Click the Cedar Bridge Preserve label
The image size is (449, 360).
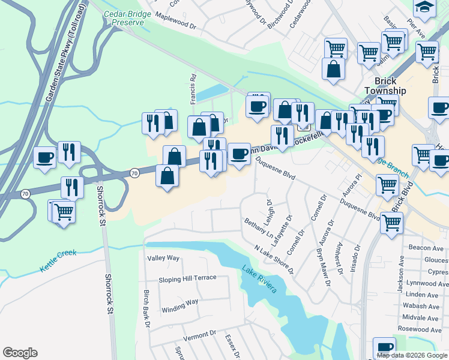124,17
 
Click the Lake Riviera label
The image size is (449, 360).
260,279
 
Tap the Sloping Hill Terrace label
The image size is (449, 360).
187,279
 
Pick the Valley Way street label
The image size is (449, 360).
163,258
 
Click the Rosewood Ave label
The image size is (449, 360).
424,329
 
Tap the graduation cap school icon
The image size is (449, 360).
424,6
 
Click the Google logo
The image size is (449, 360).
20,353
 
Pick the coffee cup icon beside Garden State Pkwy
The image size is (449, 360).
44,157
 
